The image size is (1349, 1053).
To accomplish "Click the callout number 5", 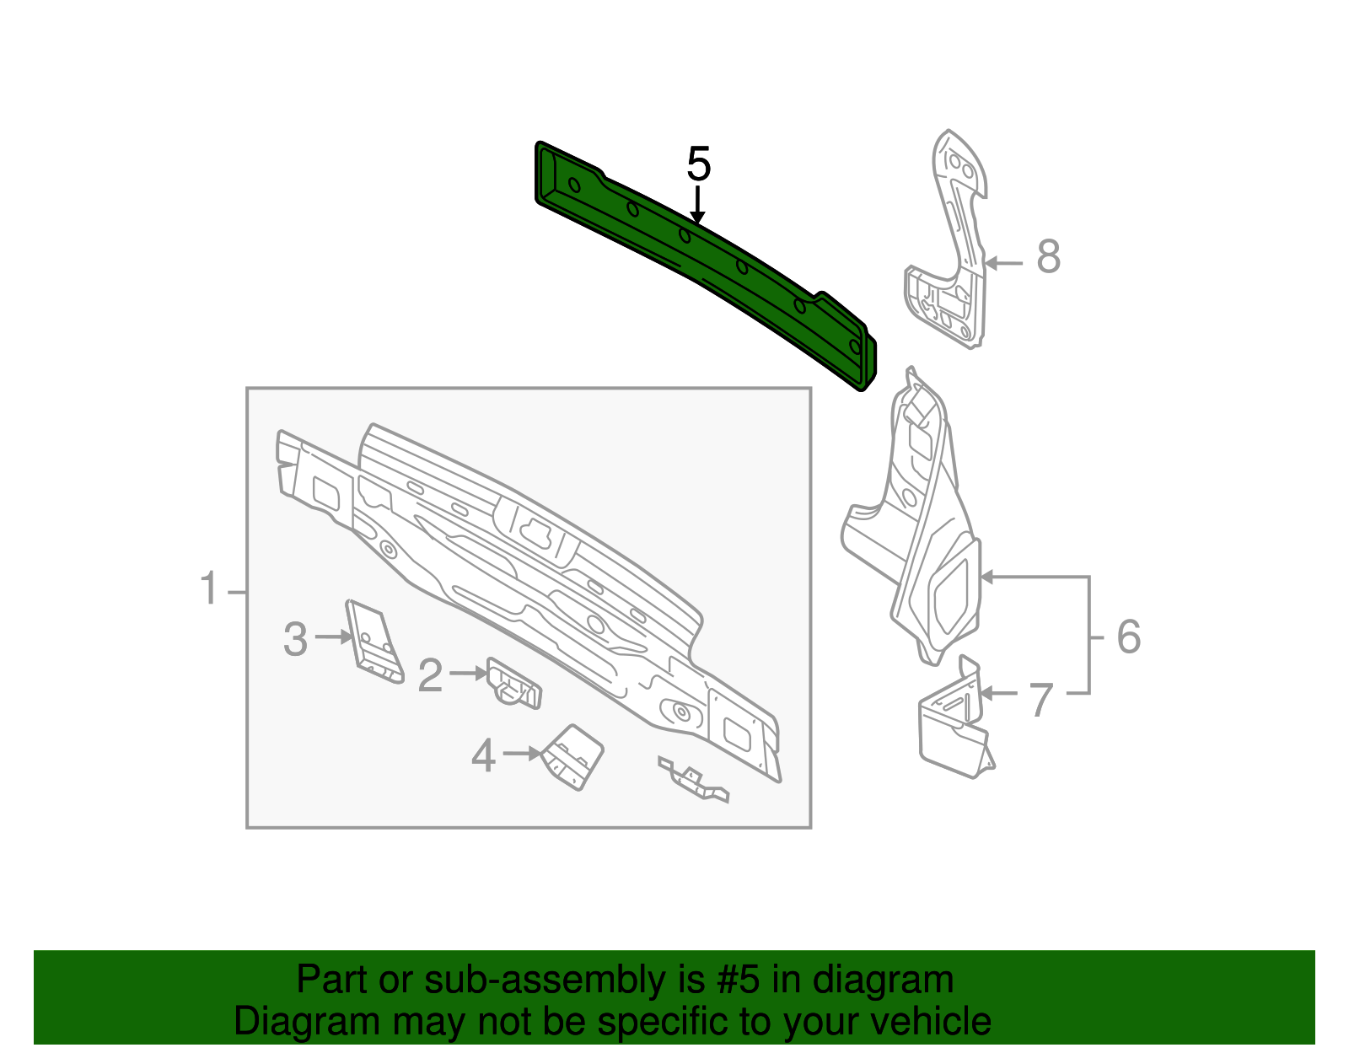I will pos(699,164).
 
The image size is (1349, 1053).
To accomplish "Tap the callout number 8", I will pos(1048,256).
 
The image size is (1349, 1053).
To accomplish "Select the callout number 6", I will pos(1128,637).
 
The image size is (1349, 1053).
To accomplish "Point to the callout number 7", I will pos(1042,700).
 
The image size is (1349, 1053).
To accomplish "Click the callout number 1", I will pos(209,588).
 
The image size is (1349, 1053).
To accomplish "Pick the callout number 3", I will pos(295,639).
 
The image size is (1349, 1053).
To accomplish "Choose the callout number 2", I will pos(430,676).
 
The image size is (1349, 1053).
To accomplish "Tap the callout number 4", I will pos(483,755).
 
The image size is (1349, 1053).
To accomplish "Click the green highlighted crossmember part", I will pos(700,261).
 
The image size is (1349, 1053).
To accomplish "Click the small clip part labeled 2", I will pos(513,684).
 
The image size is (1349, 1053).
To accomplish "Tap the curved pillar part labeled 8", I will pos(953,253).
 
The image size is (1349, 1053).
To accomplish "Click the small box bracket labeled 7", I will pos(953,725).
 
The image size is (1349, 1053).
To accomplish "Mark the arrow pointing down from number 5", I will pos(697,207).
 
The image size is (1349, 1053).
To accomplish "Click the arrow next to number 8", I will pos(1003,263).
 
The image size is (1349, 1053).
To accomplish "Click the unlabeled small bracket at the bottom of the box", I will pos(693,780).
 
